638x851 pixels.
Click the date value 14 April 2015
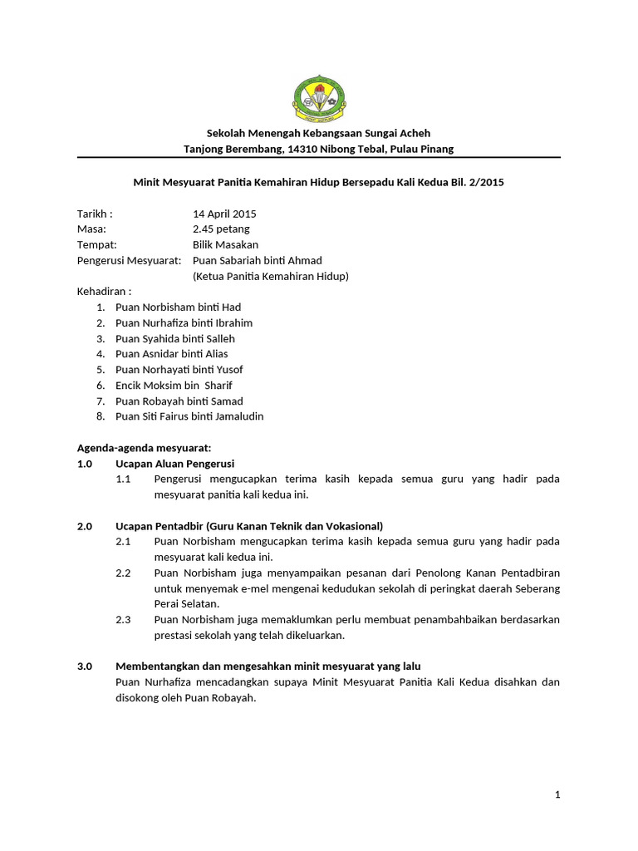(x=224, y=214)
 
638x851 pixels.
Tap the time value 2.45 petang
(x=221, y=229)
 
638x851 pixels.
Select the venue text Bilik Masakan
(x=225, y=244)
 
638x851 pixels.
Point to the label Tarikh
(x=94, y=214)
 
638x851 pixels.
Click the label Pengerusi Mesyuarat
(x=129, y=260)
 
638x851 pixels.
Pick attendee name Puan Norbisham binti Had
(x=178, y=307)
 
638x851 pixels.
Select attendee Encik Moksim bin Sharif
(x=174, y=386)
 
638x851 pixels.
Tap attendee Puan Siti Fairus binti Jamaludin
(x=189, y=416)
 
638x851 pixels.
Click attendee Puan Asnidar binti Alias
(x=171, y=354)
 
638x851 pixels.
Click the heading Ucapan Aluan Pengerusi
(x=174, y=464)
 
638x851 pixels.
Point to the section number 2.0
(x=85, y=526)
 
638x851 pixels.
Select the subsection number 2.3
(x=123, y=620)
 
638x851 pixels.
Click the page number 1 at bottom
(x=557, y=795)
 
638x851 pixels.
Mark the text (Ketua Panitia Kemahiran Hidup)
(x=270, y=276)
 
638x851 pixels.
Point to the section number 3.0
(x=85, y=667)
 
